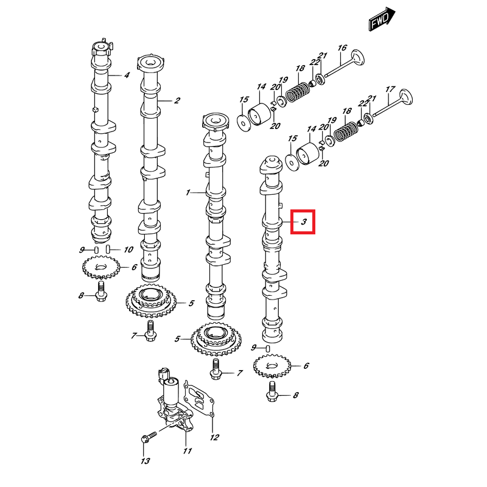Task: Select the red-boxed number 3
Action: [303, 222]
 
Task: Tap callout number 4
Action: [127, 75]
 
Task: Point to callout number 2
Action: [177, 100]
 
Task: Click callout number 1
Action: [188, 192]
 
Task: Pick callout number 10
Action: [128, 250]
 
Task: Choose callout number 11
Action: [187, 451]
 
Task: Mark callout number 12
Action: [214, 437]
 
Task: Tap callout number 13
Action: [145, 461]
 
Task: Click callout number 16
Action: [342, 48]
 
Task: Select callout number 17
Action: [390, 88]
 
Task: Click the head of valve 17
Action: [405, 97]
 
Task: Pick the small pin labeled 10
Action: [108, 249]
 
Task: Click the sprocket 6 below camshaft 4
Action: [99, 267]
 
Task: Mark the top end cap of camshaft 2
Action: [152, 62]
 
